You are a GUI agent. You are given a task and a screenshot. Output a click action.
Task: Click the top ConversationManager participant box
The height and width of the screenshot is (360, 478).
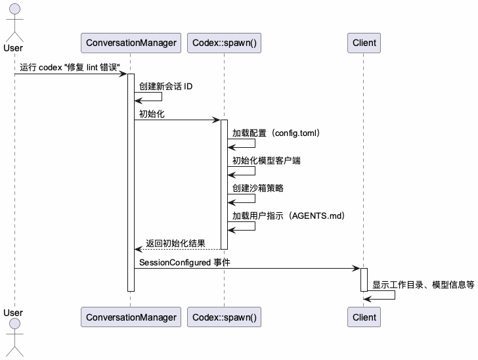[131, 43]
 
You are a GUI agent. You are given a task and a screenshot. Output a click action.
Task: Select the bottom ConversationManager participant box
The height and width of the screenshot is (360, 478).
[131, 317]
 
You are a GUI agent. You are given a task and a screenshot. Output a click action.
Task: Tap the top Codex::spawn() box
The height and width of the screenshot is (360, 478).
[224, 43]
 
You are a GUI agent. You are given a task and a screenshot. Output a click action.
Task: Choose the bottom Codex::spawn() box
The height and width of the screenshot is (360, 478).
[224, 317]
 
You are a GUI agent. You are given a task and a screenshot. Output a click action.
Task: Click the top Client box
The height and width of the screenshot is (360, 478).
[364, 43]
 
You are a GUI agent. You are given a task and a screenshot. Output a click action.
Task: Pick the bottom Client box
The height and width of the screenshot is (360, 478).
[364, 317]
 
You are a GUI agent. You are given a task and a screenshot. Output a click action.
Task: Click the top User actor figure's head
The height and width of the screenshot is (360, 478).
[13, 10]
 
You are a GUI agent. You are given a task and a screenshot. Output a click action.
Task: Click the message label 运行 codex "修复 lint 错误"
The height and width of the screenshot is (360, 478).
[70, 68]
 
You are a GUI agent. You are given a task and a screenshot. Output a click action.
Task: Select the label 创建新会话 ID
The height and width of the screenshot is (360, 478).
[165, 87]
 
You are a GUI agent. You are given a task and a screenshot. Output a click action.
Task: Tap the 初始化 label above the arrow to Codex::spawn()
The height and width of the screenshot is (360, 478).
[152, 114]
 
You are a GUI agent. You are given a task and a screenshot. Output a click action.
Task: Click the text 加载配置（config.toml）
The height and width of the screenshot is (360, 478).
[276, 133]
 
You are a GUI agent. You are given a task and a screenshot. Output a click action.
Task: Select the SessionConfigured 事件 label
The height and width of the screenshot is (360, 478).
[185, 263]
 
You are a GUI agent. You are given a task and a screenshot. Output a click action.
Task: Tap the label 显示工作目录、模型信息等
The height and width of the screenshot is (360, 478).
[424, 285]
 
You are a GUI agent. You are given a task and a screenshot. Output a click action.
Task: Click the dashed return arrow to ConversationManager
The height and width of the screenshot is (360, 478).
[177, 250]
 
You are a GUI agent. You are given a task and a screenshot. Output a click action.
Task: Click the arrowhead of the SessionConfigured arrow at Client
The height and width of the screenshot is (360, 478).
[357, 268]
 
